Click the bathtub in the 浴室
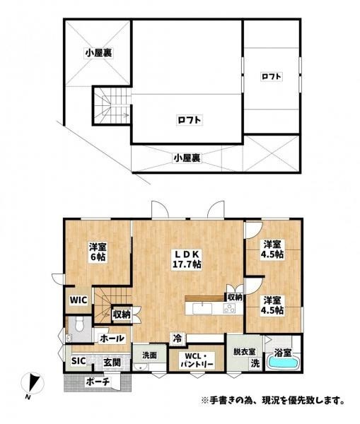[283, 363]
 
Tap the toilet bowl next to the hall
[79, 324]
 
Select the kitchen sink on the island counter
[202, 308]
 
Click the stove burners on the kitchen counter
[229, 308]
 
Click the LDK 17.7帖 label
[187, 259]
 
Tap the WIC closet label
[79, 300]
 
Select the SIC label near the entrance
[79, 360]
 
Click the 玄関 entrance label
[112, 363]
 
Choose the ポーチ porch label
[98, 382]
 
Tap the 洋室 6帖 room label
[98, 252]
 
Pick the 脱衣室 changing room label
[245, 352]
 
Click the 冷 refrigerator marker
[178, 338]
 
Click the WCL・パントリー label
[197, 360]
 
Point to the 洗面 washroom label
[149, 355]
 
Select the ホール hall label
[112, 338]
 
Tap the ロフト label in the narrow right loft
[271, 76]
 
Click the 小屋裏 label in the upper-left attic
[98, 53]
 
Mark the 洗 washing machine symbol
[255, 363]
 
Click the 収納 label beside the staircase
[122, 314]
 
